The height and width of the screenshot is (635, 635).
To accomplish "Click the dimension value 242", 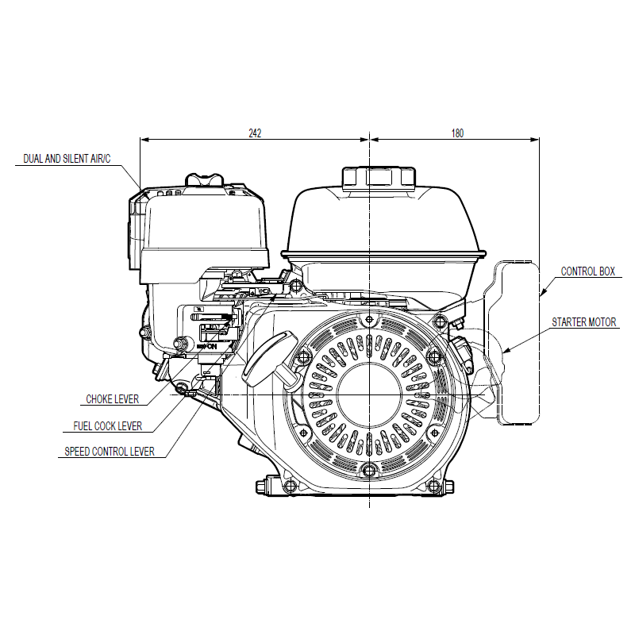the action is click(255, 133).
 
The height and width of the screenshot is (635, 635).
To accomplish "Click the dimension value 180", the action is click(457, 133).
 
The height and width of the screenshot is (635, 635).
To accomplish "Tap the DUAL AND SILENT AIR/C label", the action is click(67, 158).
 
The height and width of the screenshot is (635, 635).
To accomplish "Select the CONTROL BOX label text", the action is click(587, 271).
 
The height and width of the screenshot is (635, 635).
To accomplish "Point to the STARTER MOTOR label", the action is click(583, 322).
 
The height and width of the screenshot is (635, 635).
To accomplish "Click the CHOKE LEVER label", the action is click(112, 399).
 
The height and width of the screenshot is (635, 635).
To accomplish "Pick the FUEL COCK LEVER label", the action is click(108, 426).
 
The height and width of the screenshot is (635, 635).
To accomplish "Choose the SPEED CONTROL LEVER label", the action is click(110, 452).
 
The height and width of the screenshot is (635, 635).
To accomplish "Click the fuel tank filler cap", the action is click(379, 178).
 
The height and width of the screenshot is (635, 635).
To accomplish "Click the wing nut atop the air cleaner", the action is click(204, 180).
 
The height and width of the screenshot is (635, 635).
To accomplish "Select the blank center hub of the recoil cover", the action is click(369, 394).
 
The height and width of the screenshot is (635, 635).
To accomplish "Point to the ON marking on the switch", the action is click(210, 347).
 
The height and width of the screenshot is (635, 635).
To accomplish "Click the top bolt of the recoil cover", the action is click(369, 320).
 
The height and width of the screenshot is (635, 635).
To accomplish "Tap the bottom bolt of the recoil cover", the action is click(369, 470).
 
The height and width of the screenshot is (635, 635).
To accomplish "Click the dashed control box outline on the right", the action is click(518, 343).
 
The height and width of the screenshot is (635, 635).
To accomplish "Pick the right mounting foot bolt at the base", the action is click(433, 485).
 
